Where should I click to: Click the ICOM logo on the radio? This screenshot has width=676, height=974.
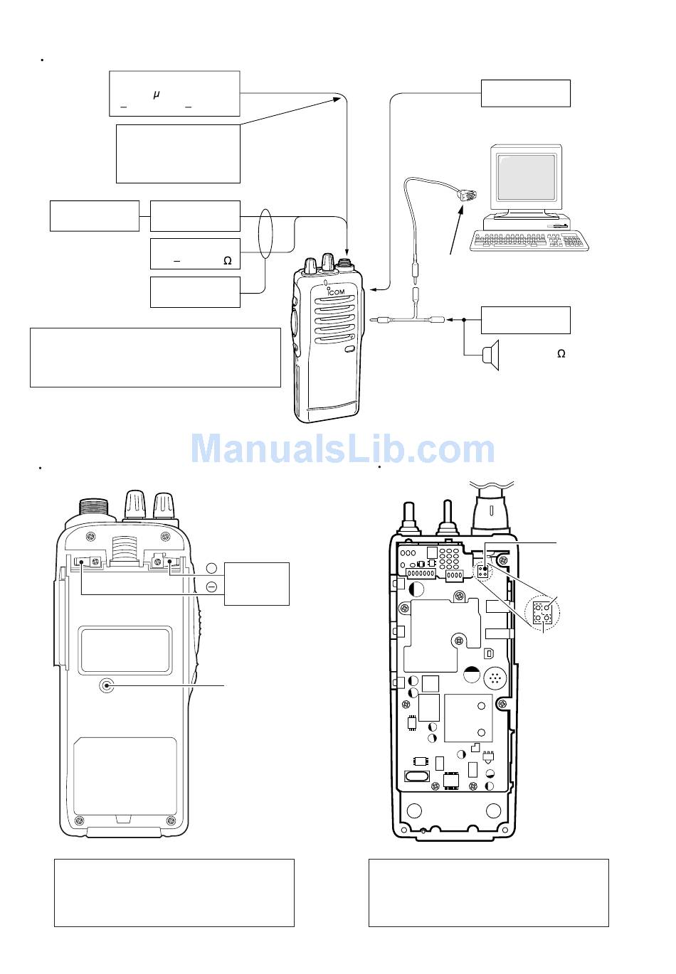336,291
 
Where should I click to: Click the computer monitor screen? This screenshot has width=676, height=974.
527,176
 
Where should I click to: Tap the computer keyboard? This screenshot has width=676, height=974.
529,241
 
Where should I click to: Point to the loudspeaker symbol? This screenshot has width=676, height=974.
490,355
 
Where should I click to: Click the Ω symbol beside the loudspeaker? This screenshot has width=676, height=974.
561,354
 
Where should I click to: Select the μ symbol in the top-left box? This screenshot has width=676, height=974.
157,95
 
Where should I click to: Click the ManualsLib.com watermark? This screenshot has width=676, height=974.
342,449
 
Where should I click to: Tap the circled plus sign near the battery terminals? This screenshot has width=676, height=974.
211,568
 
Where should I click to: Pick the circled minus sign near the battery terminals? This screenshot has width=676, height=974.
211,587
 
